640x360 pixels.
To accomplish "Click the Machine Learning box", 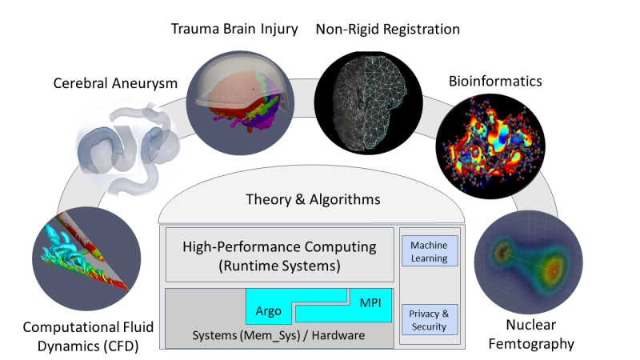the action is tap(430, 251).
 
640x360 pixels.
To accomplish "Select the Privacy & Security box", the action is tap(430, 319).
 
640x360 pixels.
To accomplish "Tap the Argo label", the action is tap(268, 311).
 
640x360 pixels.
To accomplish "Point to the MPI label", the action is tap(370, 303).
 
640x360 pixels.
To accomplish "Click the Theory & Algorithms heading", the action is tap(313, 199).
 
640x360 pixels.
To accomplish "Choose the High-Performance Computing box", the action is tap(279, 255).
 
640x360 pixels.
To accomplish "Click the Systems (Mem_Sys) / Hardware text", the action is tap(278, 335).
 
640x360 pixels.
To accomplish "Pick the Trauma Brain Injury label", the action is tap(234, 29).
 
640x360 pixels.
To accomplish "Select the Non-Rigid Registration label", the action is tap(388, 30).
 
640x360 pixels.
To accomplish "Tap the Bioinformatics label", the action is tap(495, 81).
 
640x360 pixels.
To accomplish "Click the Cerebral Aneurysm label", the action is tap(115, 83).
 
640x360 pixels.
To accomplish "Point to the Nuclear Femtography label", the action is tap(531, 334).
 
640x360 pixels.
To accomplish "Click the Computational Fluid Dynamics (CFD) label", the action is tap(88, 336).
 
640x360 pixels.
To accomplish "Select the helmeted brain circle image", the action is tap(240, 103).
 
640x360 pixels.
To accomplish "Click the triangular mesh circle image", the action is tap(368, 102).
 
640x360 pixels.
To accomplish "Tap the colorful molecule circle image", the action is tap(490, 146).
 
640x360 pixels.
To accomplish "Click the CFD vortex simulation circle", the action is tap(86, 258).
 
